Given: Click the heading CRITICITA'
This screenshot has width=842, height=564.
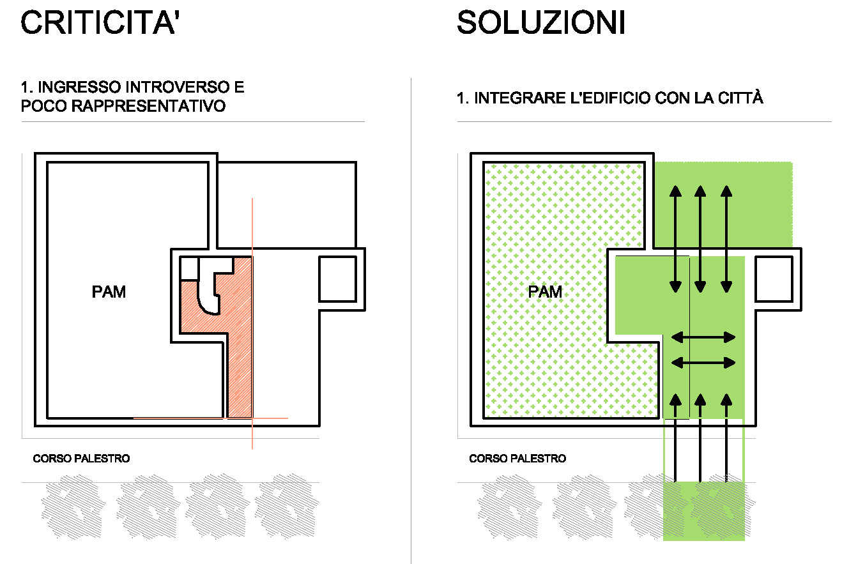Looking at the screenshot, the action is (x=100, y=22).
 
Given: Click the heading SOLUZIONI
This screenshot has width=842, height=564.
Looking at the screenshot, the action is (x=541, y=22).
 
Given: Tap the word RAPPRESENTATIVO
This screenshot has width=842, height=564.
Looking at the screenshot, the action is (x=148, y=106).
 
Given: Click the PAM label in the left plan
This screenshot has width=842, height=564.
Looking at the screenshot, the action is (x=109, y=292).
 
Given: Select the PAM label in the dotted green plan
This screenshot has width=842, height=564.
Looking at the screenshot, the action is (x=545, y=292).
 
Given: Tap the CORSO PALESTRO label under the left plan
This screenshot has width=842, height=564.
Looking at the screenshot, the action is (x=81, y=459).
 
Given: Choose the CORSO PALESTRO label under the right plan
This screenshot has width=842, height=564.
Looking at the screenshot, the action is (x=517, y=459).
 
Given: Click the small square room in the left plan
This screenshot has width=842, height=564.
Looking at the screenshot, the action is (x=337, y=278).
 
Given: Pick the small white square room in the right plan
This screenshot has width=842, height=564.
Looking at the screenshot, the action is (x=774, y=278).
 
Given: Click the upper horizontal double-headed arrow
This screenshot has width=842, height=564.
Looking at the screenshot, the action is (x=703, y=337).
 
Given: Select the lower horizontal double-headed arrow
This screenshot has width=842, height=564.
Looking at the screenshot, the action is (x=703, y=363).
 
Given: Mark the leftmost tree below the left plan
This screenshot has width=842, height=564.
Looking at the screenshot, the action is (x=73, y=506).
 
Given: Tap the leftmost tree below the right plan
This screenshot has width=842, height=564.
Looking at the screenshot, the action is (x=509, y=506).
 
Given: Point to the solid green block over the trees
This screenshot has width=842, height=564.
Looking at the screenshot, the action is (x=703, y=511).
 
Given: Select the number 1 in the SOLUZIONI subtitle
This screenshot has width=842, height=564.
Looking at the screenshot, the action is (x=461, y=98).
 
